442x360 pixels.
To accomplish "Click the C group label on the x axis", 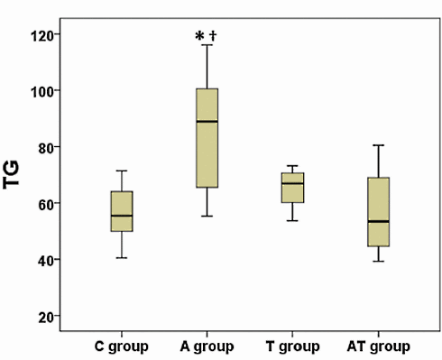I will [122, 346].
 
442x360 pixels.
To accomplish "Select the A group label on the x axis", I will [207, 346].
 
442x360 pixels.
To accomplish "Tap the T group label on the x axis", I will [291, 346].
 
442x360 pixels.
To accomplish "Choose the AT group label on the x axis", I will [379, 346].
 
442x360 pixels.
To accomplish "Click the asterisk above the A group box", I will [199, 37].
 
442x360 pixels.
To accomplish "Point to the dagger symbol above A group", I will [214, 36].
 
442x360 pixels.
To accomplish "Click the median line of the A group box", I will [207, 121].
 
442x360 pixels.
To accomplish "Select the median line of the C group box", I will [122, 216].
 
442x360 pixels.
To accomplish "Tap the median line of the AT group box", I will [379, 221].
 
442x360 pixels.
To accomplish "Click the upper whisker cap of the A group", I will [207, 44].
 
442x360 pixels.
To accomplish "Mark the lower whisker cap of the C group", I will [122, 258].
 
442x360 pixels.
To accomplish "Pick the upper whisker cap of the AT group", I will [379, 145].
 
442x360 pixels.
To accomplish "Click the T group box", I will [291, 188].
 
